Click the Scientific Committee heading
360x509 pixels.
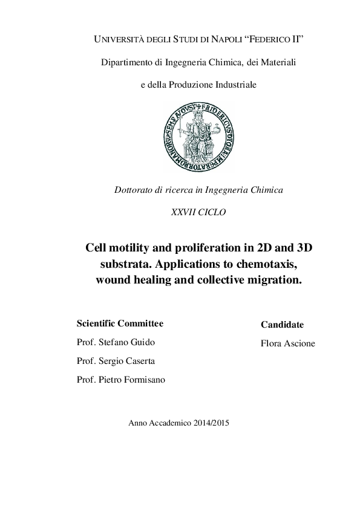pos(120,323)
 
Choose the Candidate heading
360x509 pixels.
pos(282,325)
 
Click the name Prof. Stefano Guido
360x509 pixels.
pos(116,342)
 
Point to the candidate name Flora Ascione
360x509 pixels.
pos(287,343)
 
